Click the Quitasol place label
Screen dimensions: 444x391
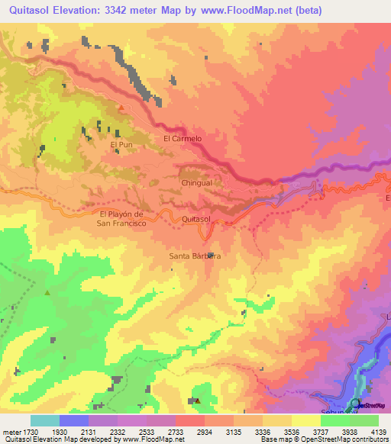[x=196, y=219]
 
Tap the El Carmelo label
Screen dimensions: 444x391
[x=183, y=139]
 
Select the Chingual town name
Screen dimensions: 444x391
[x=196, y=183]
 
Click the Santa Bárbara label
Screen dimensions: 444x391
[x=195, y=256]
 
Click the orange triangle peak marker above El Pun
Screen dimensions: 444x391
[x=121, y=108]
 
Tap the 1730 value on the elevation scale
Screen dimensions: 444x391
[x=31, y=432]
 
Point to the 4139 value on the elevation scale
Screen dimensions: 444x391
[x=378, y=432]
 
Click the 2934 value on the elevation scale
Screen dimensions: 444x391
[x=205, y=432]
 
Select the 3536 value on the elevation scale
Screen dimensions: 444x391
[x=292, y=432]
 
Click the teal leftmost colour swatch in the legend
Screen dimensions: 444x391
[x=45, y=420]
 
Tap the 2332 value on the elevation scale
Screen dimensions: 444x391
[x=118, y=432]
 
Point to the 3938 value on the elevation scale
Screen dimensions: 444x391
[x=350, y=432]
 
